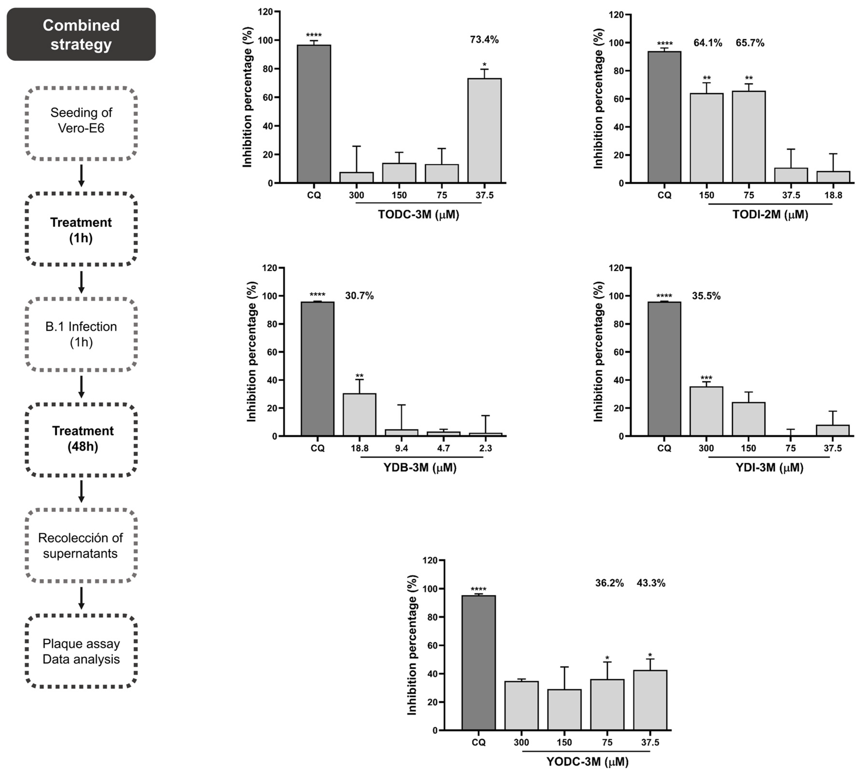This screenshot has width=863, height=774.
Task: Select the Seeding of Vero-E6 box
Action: pos(81,123)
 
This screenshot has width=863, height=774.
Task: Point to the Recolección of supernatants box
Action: pos(81,546)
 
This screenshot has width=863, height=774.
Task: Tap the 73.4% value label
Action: pos(484,40)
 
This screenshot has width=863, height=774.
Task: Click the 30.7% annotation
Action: pos(359,296)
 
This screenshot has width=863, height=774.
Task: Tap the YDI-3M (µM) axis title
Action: pos(770,468)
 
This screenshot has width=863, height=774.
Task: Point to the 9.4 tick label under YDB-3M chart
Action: pos(402,448)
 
